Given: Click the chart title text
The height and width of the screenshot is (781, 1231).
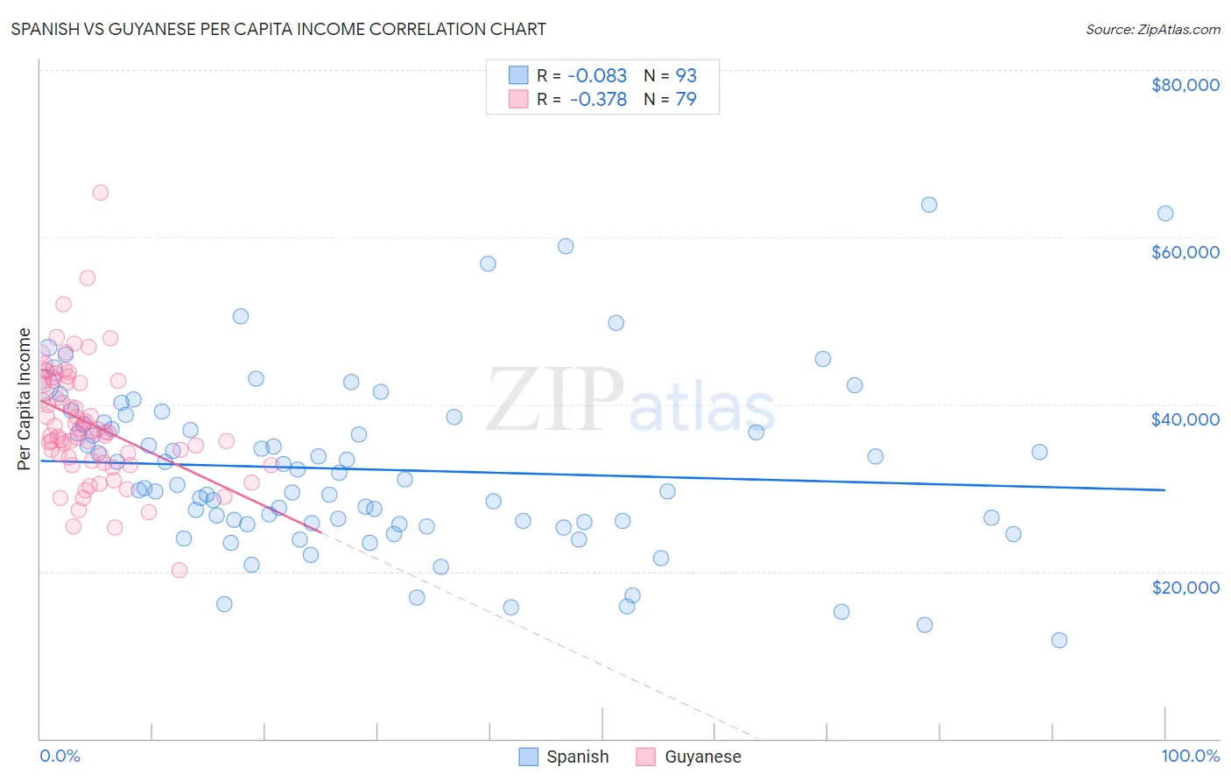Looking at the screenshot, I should [278, 29].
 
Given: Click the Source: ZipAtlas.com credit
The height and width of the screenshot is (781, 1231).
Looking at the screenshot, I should [1152, 29].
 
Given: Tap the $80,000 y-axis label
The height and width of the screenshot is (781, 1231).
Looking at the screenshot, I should [1185, 85].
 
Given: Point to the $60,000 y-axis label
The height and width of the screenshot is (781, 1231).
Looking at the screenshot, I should [1185, 252].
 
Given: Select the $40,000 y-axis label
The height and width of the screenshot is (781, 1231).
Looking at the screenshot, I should [1185, 419].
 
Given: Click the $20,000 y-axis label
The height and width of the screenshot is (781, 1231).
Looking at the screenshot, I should [1185, 587].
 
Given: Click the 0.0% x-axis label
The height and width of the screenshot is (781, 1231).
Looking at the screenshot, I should [60, 756].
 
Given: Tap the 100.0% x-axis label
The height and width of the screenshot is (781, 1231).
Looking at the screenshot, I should [1190, 756].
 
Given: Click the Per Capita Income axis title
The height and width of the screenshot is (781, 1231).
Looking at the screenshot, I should [25, 398].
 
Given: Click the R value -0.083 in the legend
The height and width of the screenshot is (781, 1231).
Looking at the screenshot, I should [597, 75].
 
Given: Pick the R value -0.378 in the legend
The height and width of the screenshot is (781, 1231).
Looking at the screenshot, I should [598, 99].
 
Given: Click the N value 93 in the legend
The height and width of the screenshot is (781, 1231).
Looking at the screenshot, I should [686, 75].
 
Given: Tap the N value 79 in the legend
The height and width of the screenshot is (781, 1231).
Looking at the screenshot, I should [686, 99].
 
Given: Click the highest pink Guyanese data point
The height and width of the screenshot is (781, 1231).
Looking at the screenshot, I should [101, 193].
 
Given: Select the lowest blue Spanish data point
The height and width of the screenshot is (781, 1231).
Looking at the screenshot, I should [1059, 640].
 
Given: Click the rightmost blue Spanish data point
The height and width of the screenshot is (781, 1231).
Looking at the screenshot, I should [1165, 214].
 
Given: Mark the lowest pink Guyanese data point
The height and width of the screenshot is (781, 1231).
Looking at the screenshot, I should [179, 570].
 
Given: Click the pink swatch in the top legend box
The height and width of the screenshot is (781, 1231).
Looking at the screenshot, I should [518, 99].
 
